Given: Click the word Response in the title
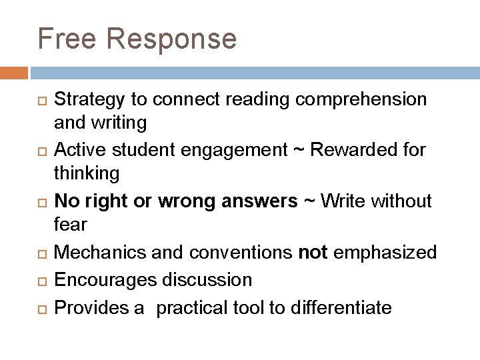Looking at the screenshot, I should point(171,39).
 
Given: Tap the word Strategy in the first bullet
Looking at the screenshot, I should point(89,99).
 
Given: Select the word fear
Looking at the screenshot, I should point(70,224).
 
